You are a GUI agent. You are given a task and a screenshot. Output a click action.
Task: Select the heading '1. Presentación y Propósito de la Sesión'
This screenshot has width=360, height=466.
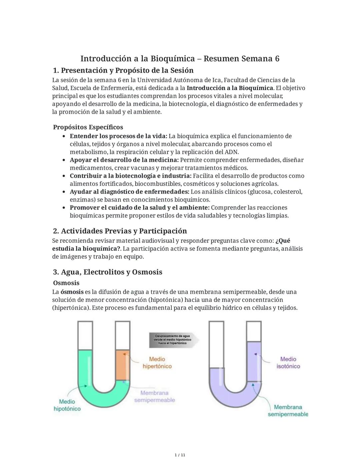[123, 70]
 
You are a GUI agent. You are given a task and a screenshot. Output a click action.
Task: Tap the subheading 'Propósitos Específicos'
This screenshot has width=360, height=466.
[88, 127]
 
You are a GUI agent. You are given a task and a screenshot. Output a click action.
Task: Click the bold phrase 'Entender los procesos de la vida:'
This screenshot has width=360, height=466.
[118, 136]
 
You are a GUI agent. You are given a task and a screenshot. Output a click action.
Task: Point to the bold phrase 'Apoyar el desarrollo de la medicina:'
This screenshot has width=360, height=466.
[124, 160]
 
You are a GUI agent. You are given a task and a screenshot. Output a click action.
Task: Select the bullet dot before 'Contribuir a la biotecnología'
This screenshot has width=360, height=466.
[64, 176]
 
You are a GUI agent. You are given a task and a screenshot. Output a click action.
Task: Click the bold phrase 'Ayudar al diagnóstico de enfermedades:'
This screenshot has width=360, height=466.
[129, 192]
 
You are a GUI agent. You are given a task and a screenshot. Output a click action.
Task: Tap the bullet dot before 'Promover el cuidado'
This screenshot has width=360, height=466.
[64, 207]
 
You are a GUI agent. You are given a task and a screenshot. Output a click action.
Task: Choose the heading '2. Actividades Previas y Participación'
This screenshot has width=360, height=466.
[120, 231]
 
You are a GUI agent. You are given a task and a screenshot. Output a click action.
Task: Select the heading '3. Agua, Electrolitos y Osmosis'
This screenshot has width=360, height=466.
[107, 272]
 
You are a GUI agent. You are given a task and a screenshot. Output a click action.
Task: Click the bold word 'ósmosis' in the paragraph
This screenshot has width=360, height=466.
[72, 292]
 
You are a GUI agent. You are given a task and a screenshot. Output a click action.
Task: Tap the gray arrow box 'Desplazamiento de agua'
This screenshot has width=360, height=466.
[173, 339]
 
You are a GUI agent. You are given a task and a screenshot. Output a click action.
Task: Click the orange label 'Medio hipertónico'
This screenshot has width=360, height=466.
[157, 363]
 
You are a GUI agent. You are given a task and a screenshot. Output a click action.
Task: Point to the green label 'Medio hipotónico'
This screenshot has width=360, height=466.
[67, 405]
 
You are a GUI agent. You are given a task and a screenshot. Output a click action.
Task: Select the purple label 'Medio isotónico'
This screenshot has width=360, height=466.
[288, 363]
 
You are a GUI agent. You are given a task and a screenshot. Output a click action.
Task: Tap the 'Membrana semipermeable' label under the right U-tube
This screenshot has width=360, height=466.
[288, 411]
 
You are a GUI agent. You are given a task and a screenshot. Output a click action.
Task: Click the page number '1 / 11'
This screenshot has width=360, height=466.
[180, 455]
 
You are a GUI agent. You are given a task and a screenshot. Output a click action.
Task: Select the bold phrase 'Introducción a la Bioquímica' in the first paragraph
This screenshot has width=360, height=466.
[230, 88]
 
